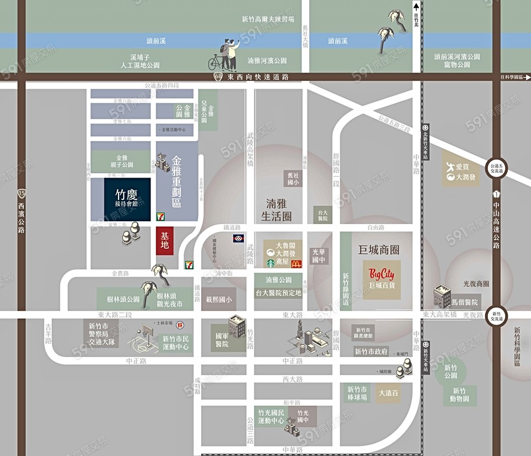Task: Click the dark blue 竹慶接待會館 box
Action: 127,199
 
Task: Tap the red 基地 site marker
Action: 165,241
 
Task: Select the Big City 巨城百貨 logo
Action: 382,278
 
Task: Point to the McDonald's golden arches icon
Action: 296,263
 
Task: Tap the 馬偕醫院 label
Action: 465,302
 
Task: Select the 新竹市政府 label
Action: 371,352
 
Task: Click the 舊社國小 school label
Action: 293,179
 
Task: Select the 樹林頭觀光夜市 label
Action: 169,300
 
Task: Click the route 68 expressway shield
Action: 219,77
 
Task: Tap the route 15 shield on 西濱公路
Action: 22,193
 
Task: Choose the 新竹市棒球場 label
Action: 358,393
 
